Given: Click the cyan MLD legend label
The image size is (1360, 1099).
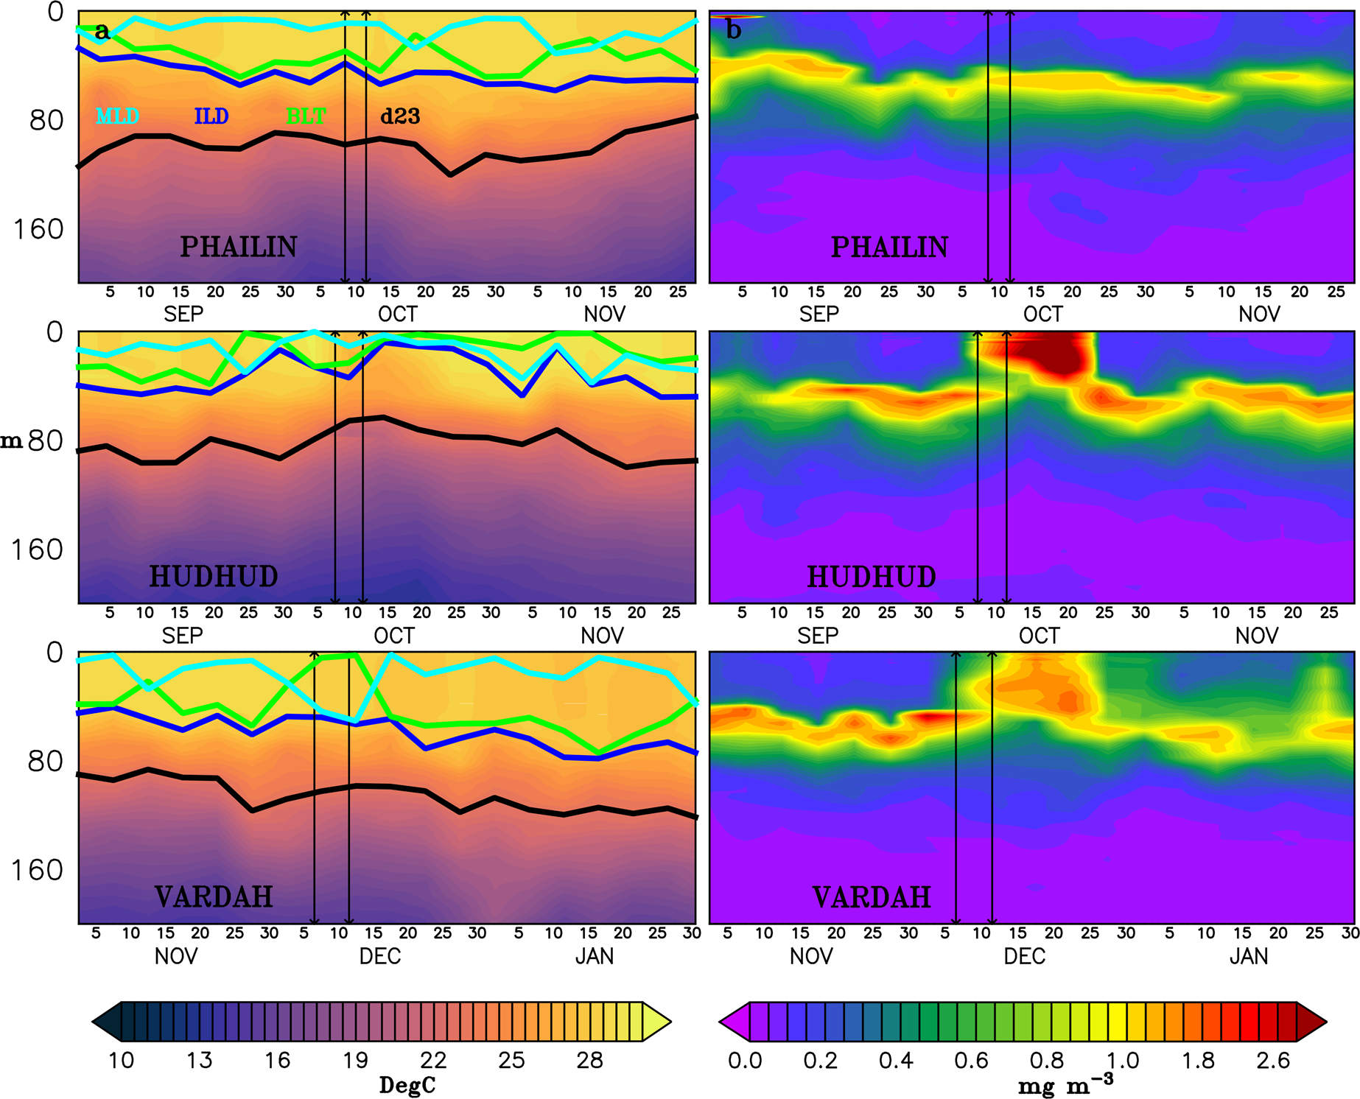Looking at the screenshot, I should (x=118, y=116).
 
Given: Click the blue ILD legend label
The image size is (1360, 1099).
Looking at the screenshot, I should (x=211, y=116).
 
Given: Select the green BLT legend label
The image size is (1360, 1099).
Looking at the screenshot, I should (x=306, y=116).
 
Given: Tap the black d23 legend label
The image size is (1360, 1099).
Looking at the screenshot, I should (x=400, y=116).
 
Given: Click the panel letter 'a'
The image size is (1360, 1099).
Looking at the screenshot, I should (x=102, y=31).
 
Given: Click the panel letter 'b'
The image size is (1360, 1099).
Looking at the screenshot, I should (x=733, y=31).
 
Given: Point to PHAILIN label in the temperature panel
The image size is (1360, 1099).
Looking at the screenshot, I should (x=239, y=247).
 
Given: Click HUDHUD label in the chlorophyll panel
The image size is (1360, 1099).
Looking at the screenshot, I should (x=872, y=577).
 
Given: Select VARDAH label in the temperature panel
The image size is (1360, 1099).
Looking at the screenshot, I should (x=214, y=897).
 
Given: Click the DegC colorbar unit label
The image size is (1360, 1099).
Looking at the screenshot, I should (x=407, y=1085).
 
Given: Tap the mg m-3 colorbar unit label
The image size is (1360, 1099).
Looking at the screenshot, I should (x=1065, y=1085).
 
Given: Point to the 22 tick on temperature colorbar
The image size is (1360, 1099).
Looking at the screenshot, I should (x=433, y=1061).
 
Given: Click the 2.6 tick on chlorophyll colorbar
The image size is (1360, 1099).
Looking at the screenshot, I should (x=1273, y=1061).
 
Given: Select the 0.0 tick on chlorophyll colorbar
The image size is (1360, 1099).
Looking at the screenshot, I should (x=745, y=1061).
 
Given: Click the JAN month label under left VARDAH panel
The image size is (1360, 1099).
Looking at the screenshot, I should (x=595, y=956).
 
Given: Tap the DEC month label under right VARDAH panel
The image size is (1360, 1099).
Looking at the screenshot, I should (x=1024, y=956).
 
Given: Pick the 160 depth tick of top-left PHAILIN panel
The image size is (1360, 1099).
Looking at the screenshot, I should (x=38, y=230).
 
